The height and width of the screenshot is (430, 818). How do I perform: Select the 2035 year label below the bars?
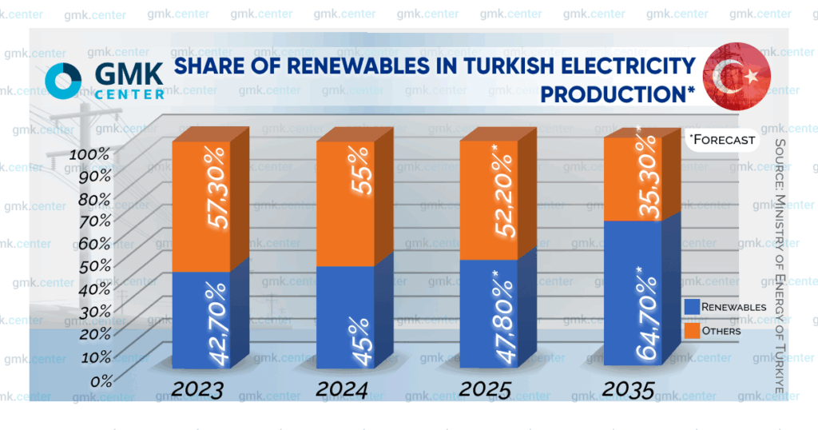629,391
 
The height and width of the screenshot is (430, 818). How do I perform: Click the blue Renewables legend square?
692,307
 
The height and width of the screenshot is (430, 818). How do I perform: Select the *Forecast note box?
722,139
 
